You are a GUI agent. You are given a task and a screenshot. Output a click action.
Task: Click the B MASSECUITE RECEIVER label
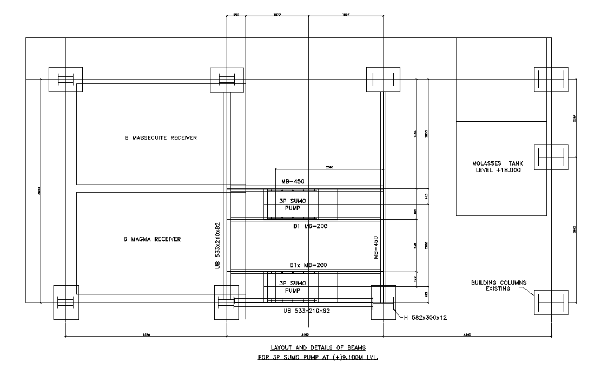click(x=161, y=137)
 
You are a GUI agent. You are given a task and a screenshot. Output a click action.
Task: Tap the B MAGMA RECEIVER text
click(x=153, y=239)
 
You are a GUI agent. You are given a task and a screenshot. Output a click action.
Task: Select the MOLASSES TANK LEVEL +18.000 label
click(x=496, y=167)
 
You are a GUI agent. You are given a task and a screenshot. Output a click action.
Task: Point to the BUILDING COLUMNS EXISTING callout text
click(x=498, y=286)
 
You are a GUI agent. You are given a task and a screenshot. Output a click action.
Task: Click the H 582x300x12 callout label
click(x=426, y=318)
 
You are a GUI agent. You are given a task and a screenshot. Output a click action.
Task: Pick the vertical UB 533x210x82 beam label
click(x=218, y=245)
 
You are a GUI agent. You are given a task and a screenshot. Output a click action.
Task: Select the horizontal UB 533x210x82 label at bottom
click(x=307, y=311)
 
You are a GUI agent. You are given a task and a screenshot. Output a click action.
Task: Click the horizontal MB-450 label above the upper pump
click(x=293, y=182)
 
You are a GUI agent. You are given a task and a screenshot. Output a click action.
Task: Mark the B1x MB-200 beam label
click(x=308, y=265)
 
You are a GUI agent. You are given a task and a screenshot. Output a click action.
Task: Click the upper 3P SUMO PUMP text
click(x=292, y=204)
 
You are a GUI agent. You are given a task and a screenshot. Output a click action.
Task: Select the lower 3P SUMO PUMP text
click(x=292, y=286)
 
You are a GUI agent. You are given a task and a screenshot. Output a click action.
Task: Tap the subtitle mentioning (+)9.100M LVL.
click(x=318, y=358)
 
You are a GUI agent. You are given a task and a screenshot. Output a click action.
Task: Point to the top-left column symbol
click(x=65, y=80)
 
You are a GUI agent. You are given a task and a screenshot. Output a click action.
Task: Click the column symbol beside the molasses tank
click(x=551, y=157)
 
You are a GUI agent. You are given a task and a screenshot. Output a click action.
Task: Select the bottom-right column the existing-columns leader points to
click(x=551, y=302)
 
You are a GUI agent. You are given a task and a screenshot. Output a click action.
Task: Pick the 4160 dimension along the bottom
click(x=305, y=335)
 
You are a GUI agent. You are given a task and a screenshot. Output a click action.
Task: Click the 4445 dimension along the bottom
click(x=467, y=335)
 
